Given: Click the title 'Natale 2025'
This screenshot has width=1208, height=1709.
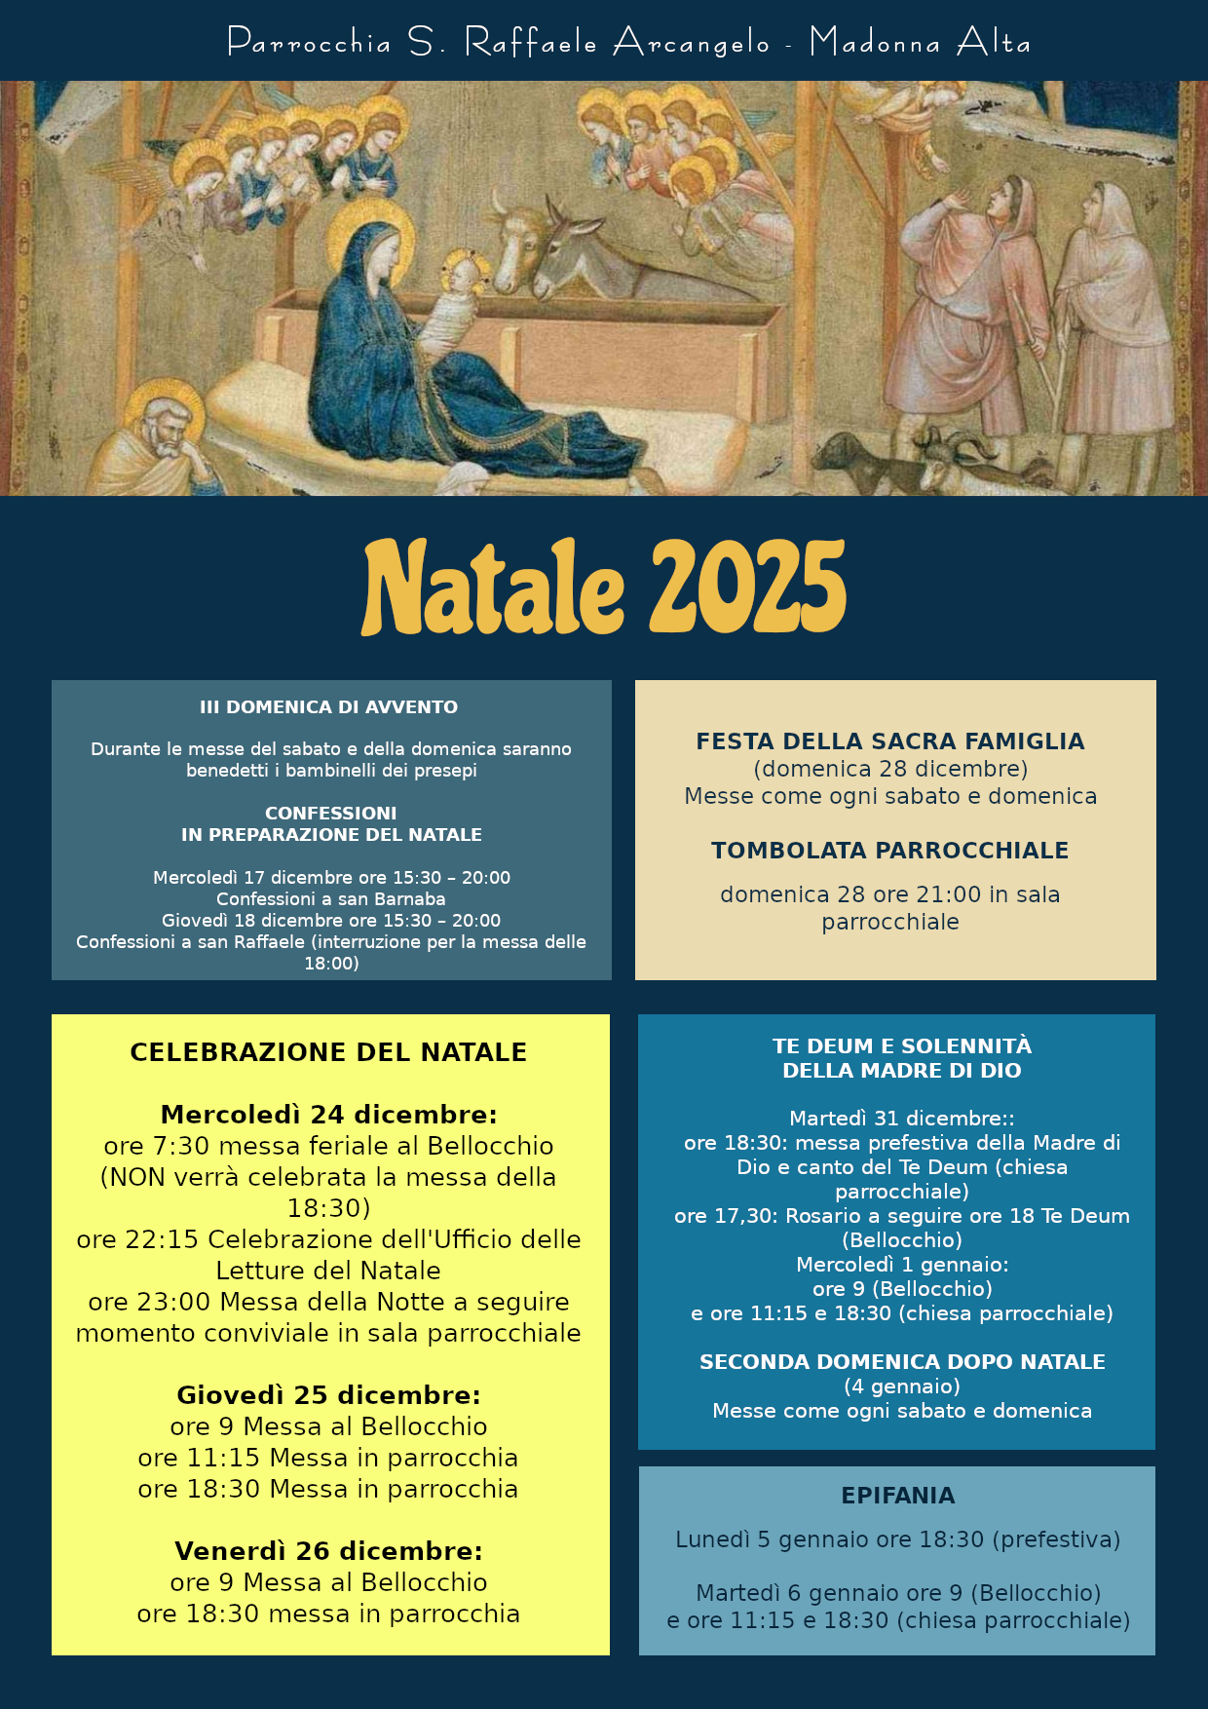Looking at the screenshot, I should tap(604, 588).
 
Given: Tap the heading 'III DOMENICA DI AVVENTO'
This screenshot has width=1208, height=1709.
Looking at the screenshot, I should tap(329, 707).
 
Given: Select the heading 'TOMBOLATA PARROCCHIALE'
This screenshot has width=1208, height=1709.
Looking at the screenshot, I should tap(890, 851).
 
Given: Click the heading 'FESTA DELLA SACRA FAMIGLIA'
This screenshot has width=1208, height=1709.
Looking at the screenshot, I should tap(890, 741).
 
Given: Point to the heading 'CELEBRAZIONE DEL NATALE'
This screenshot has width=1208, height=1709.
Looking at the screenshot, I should tap(328, 1052).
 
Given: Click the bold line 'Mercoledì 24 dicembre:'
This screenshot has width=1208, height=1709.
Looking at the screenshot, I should tap(328, 1115).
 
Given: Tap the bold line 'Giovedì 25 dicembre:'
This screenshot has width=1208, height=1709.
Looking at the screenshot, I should tap(328, 1395).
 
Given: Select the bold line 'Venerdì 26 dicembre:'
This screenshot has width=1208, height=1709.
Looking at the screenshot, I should tap(328, 1551).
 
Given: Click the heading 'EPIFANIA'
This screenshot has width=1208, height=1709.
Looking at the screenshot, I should tap(898, 1496).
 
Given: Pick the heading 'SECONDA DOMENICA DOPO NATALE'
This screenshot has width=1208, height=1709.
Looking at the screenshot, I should tap(902, 1362).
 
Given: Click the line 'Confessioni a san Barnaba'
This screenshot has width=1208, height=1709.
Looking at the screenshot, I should tap(331, 899).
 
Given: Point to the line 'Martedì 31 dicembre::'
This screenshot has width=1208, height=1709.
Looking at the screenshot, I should tap(902, 1119).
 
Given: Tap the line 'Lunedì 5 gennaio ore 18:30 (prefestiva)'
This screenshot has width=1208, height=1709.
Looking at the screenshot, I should tap(898, 1539).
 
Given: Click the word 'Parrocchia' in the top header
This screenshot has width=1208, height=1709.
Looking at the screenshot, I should tap(310, 43).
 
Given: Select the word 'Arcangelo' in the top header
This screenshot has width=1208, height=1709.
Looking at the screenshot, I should tap(692, 43).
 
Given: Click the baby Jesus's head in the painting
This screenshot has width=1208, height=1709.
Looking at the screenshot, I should tap(464, 274).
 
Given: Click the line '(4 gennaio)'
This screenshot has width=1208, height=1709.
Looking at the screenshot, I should tap(902, 1386).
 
